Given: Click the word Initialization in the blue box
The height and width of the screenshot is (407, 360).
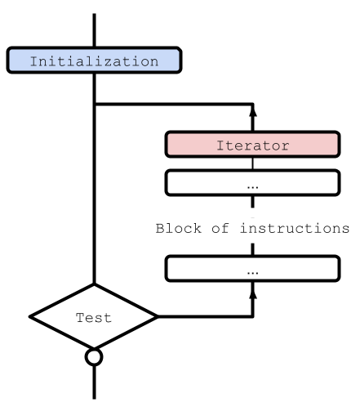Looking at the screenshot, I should click(94, 61).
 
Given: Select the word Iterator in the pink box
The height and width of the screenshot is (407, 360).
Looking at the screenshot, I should click(252, 145).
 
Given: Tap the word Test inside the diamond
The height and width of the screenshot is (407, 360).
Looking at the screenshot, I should click(93, 318).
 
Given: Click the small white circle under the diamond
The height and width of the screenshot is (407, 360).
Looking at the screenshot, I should click(94, 357).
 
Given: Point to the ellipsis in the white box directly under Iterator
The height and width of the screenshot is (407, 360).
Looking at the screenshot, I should click(252, 185).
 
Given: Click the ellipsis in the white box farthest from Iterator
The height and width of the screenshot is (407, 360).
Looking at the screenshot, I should click(252, 270).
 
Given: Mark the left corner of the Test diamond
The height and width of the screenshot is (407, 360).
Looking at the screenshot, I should click(35, 317).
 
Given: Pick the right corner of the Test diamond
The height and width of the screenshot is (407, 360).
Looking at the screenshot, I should click(153, 317).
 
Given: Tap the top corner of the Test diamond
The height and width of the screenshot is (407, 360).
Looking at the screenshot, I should click(94, 288).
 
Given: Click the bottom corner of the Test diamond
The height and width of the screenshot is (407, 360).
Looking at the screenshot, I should click(94, 347).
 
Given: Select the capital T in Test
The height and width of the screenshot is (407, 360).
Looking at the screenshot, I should click(80, 318).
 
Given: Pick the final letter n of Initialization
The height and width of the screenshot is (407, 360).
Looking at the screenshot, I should click(153, 61).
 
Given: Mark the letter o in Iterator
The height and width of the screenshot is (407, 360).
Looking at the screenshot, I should click(275, 145).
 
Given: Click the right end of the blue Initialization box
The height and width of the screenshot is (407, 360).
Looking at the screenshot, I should click(177, 60).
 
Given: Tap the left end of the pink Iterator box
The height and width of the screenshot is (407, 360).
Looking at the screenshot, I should click(169, 145).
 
